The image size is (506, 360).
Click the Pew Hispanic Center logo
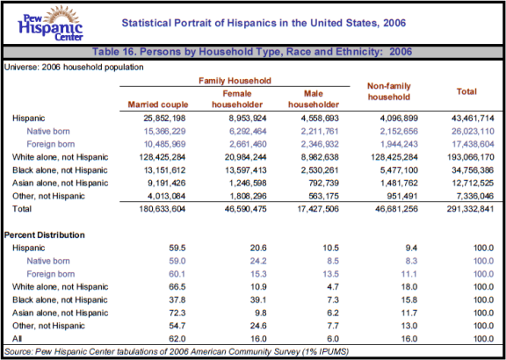(51, 23)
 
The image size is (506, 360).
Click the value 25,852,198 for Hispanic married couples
(164, 118)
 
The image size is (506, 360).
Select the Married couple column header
(158, 104)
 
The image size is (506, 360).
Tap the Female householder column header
(237, 99)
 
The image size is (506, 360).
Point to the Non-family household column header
(389, 91)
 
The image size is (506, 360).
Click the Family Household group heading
(235, 81)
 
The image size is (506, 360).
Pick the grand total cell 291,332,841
(470, 209)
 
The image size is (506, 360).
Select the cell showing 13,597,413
(246, 170)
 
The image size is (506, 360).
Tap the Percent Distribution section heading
(45, 234)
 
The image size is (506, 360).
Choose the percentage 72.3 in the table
(177, 313)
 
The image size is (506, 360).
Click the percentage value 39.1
(258, 299)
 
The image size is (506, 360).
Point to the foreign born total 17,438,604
(473, 144)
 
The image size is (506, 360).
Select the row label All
(18, 338)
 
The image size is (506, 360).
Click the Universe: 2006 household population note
(74, 67)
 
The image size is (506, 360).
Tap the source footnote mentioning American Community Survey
(177, 351)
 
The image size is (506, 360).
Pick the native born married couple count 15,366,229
(164, 132)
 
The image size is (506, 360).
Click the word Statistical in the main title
(146, 23)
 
